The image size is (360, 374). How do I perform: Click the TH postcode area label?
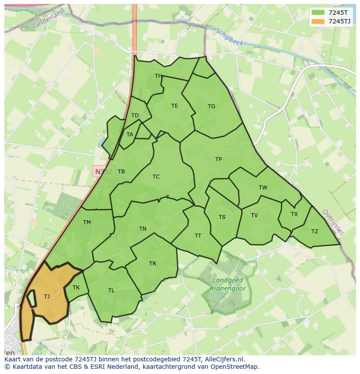click(x=158, y=76)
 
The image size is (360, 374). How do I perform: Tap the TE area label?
click(x=174, y=106)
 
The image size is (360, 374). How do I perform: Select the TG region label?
click(x=211, y=106)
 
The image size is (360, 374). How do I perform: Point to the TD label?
click(x=135, y=116)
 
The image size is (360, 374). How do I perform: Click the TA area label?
click(x=130, y=135)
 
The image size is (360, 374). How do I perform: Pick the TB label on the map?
click(x=121, y=172)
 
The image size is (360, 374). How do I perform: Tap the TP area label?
click(x=218, y=159)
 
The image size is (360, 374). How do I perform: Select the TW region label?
click(x=263, y=188)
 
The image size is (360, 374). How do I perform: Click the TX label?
click(x=294, y=214)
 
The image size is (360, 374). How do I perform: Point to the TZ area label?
click(x=315, y=232)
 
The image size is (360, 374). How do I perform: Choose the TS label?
click(x=222, y=217)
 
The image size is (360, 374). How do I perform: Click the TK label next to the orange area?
click(x=76, y=288)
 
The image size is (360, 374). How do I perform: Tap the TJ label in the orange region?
click(x=47, y=297)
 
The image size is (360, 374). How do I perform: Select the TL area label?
click(x=111, y=291)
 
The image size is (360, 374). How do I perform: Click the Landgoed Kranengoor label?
click(x=228, y=285)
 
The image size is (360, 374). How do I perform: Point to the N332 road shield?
click(x=103, y=172)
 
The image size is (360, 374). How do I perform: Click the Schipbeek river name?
click(x=229, y=37)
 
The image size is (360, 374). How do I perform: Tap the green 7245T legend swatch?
click(x=318, y=13)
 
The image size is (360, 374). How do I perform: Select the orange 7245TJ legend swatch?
click(x=318, y=21)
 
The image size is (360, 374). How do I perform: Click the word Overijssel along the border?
click(x=333, y=222)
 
